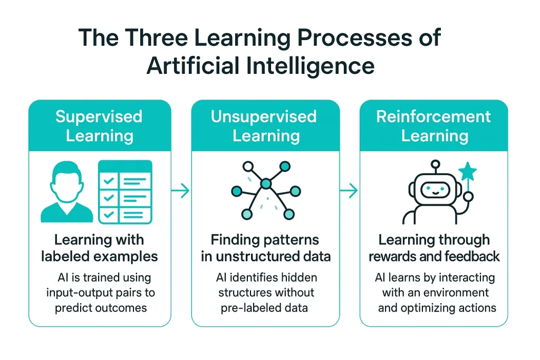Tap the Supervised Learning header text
coord(99,125)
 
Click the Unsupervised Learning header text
coord(266,125)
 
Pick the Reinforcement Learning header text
coord(434,125)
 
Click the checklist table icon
coord(125,191)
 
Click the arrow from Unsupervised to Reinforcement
coord(350,191)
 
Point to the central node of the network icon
coord(266,183)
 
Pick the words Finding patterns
coord(265,240)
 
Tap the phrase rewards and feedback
coord(434,257)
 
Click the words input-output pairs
coord(99,293)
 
